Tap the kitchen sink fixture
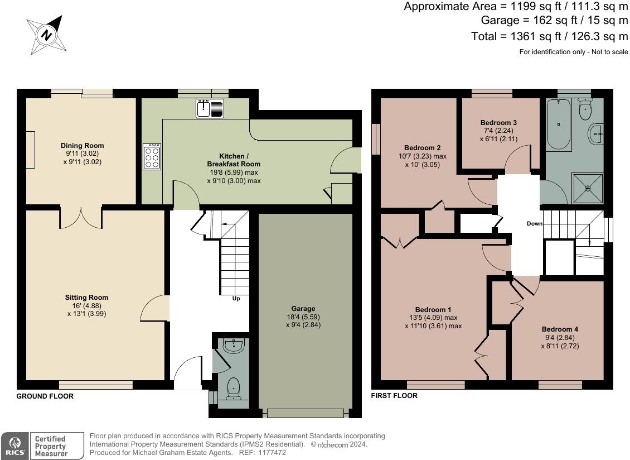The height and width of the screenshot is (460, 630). coord(210,108)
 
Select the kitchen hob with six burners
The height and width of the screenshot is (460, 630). coord(151,157)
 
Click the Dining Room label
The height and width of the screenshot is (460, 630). coord(82,146)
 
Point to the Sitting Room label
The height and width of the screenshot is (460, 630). coord(86,298)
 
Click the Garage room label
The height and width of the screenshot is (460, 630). coord(303,309)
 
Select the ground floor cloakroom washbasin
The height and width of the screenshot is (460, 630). coord(232,347)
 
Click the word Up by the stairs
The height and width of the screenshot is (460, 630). coord(236,299)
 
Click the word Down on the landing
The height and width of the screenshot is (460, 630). coord(534,224)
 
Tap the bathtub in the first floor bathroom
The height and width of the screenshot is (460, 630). coord(558,124)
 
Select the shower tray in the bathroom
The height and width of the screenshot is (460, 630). coord(588,188)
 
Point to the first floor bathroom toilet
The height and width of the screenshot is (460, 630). coord(585,109)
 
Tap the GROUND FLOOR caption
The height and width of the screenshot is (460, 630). coord(45,396)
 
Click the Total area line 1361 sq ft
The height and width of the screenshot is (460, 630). coord(549,36)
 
